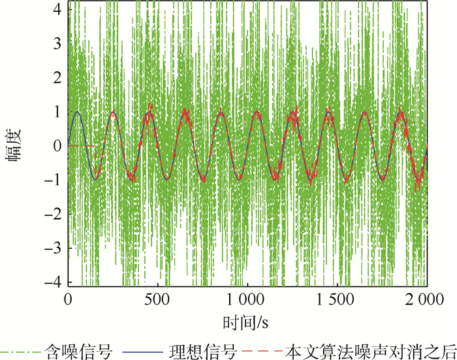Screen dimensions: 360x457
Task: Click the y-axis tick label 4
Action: tap(57, 10)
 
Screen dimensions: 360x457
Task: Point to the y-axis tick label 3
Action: tap(57, 44)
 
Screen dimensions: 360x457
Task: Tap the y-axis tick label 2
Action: tap(57, 78)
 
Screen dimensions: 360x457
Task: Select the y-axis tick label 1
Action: tap(57, 112)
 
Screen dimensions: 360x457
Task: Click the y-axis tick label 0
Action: tap(57, 146)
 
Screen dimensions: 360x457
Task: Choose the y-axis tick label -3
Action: tap(54, 248)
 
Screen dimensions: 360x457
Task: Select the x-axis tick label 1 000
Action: tap(247, 299)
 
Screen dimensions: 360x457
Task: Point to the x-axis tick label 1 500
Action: tap(337, 299)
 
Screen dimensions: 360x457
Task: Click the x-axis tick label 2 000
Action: tap(426, 299)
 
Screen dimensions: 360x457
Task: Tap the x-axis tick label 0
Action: tap(68, 299)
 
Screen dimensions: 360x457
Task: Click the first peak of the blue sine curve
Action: tap(78, 112)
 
